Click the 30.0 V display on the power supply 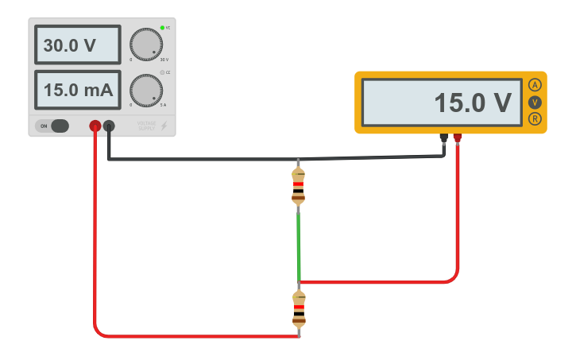pos(77,45)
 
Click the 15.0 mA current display pos(77,90)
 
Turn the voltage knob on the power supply pos(145,45)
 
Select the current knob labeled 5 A pos(145,91)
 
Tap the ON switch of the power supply pos(52,126)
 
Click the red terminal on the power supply pos(95,126)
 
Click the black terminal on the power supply pos(109,126)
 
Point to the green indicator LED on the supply pos(162,28)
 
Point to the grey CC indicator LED pos(162,72)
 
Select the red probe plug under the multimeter pos(458,138)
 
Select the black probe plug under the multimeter pos(444,138)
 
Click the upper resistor pos(298,186)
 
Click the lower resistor pos(299,309)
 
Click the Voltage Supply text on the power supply pos(146,126)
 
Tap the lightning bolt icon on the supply pos(164,126)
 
